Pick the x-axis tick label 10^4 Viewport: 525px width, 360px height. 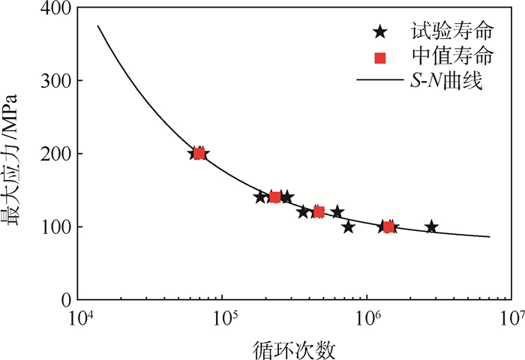pyautogui.click(x=81, y=318)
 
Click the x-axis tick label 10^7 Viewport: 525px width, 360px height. pyautogui.click(x=511, y=318)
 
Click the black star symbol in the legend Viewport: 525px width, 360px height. pyautogui.click(x=380, y=32)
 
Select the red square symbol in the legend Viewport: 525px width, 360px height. pyautogui.click(x=380, y=56)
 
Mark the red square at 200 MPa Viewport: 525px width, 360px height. pyautogui.click(x=199, y=154)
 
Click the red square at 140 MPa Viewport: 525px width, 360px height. pyautogui.click(x=275, y=197)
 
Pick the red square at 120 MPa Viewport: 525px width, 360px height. pyautogui.click(x=319, y=212)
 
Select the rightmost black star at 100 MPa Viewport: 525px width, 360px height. pyautogui.click(x=431, y=226)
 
